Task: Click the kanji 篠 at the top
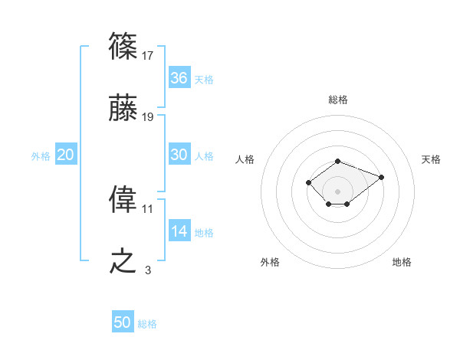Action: [123, 47]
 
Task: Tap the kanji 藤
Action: [123, 110]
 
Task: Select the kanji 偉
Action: [123, 200]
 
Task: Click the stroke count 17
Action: [148, 55]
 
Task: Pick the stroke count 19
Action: [148, 117]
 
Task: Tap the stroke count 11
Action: [148, 208]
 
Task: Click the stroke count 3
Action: [148, 270]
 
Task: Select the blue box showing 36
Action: [179, 77]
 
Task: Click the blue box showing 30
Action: [179, 154]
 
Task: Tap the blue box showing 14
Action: [179, 231]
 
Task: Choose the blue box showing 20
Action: [66, 154]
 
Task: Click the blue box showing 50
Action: [123, 322]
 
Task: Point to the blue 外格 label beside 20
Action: [41, 155]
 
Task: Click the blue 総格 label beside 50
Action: [147, 324]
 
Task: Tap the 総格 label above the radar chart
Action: [337, 100]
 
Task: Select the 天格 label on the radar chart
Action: [432, 159]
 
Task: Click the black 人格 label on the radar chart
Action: [245, 159]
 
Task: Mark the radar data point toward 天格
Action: [381, 177]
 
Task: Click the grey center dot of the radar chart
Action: [337, 191]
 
